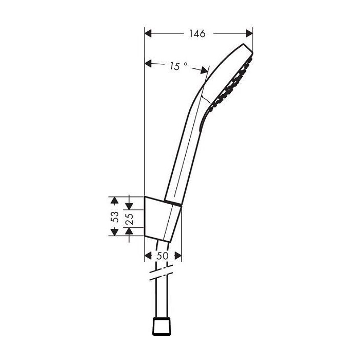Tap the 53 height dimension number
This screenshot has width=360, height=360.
115,216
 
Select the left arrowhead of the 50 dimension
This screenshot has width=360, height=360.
149,256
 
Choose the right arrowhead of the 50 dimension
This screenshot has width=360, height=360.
177,256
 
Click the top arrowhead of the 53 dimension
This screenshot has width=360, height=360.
115,200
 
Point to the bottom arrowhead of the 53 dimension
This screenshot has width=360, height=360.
115,232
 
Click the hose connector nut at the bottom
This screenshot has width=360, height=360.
162,325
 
